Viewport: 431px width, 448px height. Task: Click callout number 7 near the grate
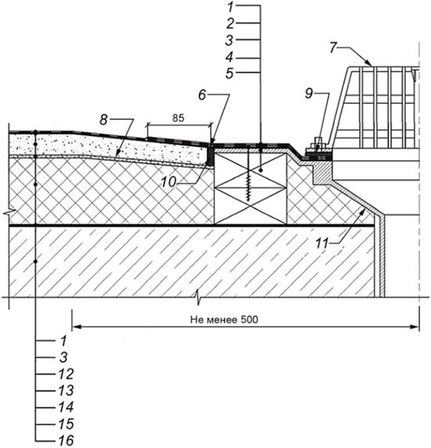click(x=333, y=48)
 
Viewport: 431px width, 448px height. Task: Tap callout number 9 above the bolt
click(x=309, y=93)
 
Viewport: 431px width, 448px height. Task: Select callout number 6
click(x=202, y=95)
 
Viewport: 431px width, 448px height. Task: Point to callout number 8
click(x=103, y=120)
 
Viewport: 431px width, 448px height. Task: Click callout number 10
click(x=168, y=182)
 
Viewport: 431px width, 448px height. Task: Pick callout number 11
click(x=321, y=243)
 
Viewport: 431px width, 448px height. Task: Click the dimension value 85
click(x=178, y=118)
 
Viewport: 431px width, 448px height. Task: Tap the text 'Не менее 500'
click(x=224, y=320)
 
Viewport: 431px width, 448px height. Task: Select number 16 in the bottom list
click(x=66, y=440)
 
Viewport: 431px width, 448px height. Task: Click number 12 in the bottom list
click(x=66, y=374)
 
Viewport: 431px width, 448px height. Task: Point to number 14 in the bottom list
click(x=66, y=407)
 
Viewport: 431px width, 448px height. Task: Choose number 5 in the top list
click(x=229, y=73)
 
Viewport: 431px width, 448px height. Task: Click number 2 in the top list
click(x=230, y=23)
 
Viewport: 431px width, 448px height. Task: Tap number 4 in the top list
click(x=229, y=57)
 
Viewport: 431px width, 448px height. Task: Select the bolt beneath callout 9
click(x=318, y=145)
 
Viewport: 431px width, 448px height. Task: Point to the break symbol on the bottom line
click(x=198, y=297)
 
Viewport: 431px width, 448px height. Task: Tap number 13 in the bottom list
click(x=66, y=391)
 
